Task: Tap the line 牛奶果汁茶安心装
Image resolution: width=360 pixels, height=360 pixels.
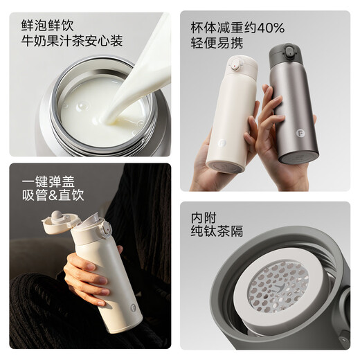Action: (72, 42)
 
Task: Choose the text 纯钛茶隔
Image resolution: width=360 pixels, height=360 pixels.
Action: (217, 231)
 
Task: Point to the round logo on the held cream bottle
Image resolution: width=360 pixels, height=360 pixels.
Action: (222, 144)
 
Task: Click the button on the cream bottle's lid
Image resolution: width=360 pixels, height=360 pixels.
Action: (235, 66)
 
